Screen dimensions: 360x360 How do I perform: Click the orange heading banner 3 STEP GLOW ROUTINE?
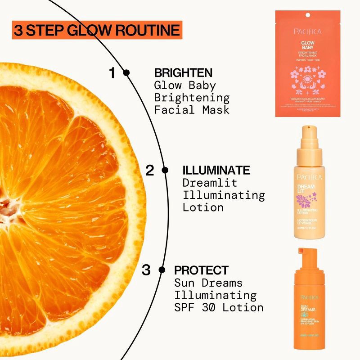tap(97, 30)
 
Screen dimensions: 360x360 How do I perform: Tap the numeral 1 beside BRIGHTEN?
tap(112, 73)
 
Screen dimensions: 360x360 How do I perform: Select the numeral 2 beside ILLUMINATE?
tap(150, 171)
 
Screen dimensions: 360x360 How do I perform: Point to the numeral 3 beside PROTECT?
tap(146, 270)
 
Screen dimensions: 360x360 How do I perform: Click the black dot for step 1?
tap(126, 72)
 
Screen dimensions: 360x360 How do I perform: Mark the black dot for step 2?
tap(165, 170)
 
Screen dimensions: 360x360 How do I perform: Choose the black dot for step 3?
tap(162, 270)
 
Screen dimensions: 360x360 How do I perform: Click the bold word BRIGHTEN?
tap(183, 73)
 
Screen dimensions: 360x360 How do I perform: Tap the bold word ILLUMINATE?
tap(216, 171)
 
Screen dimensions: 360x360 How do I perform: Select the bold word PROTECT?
tap(201, 270)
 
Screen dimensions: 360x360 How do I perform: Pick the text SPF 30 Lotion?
tap(219, 307)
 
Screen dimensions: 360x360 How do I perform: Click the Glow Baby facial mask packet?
tap(307, 63)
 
